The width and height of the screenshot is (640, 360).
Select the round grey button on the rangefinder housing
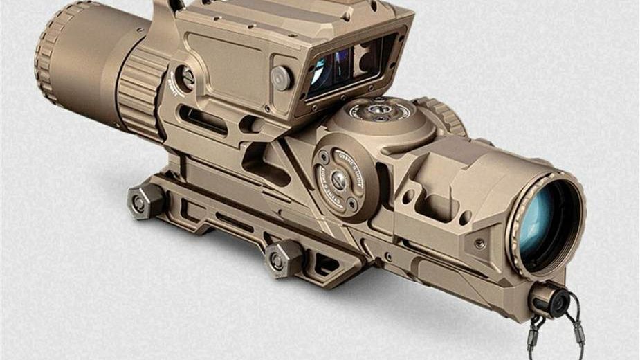[281, 78]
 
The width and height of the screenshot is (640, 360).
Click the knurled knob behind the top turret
[444, 114]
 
